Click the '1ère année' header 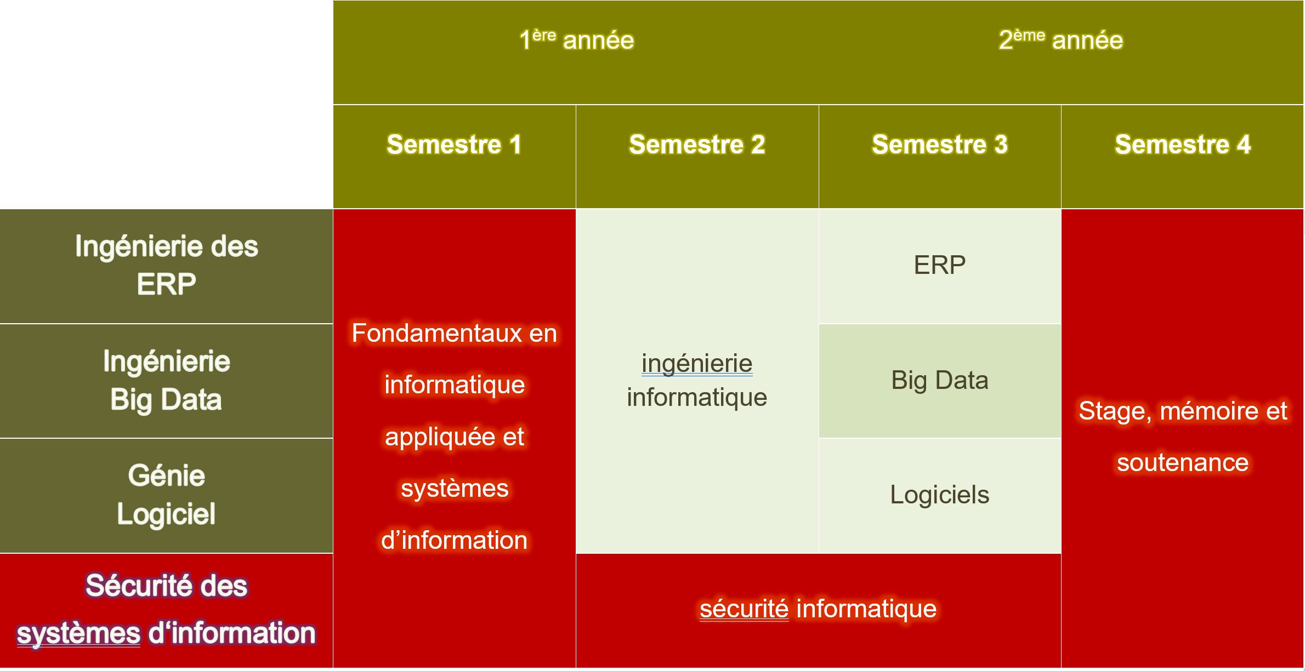576,39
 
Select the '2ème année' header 1060,39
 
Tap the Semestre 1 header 454,145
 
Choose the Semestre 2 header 697,145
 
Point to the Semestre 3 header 940,145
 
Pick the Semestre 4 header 1183,145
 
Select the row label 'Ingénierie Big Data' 166,381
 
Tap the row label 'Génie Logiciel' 166,495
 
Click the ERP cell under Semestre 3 940,265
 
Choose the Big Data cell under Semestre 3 940,380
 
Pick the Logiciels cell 940,495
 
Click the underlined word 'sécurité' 744,609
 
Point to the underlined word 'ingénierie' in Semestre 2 697,364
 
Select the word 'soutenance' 1183,463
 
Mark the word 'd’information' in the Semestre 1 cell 454,540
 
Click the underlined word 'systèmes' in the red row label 78,634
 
